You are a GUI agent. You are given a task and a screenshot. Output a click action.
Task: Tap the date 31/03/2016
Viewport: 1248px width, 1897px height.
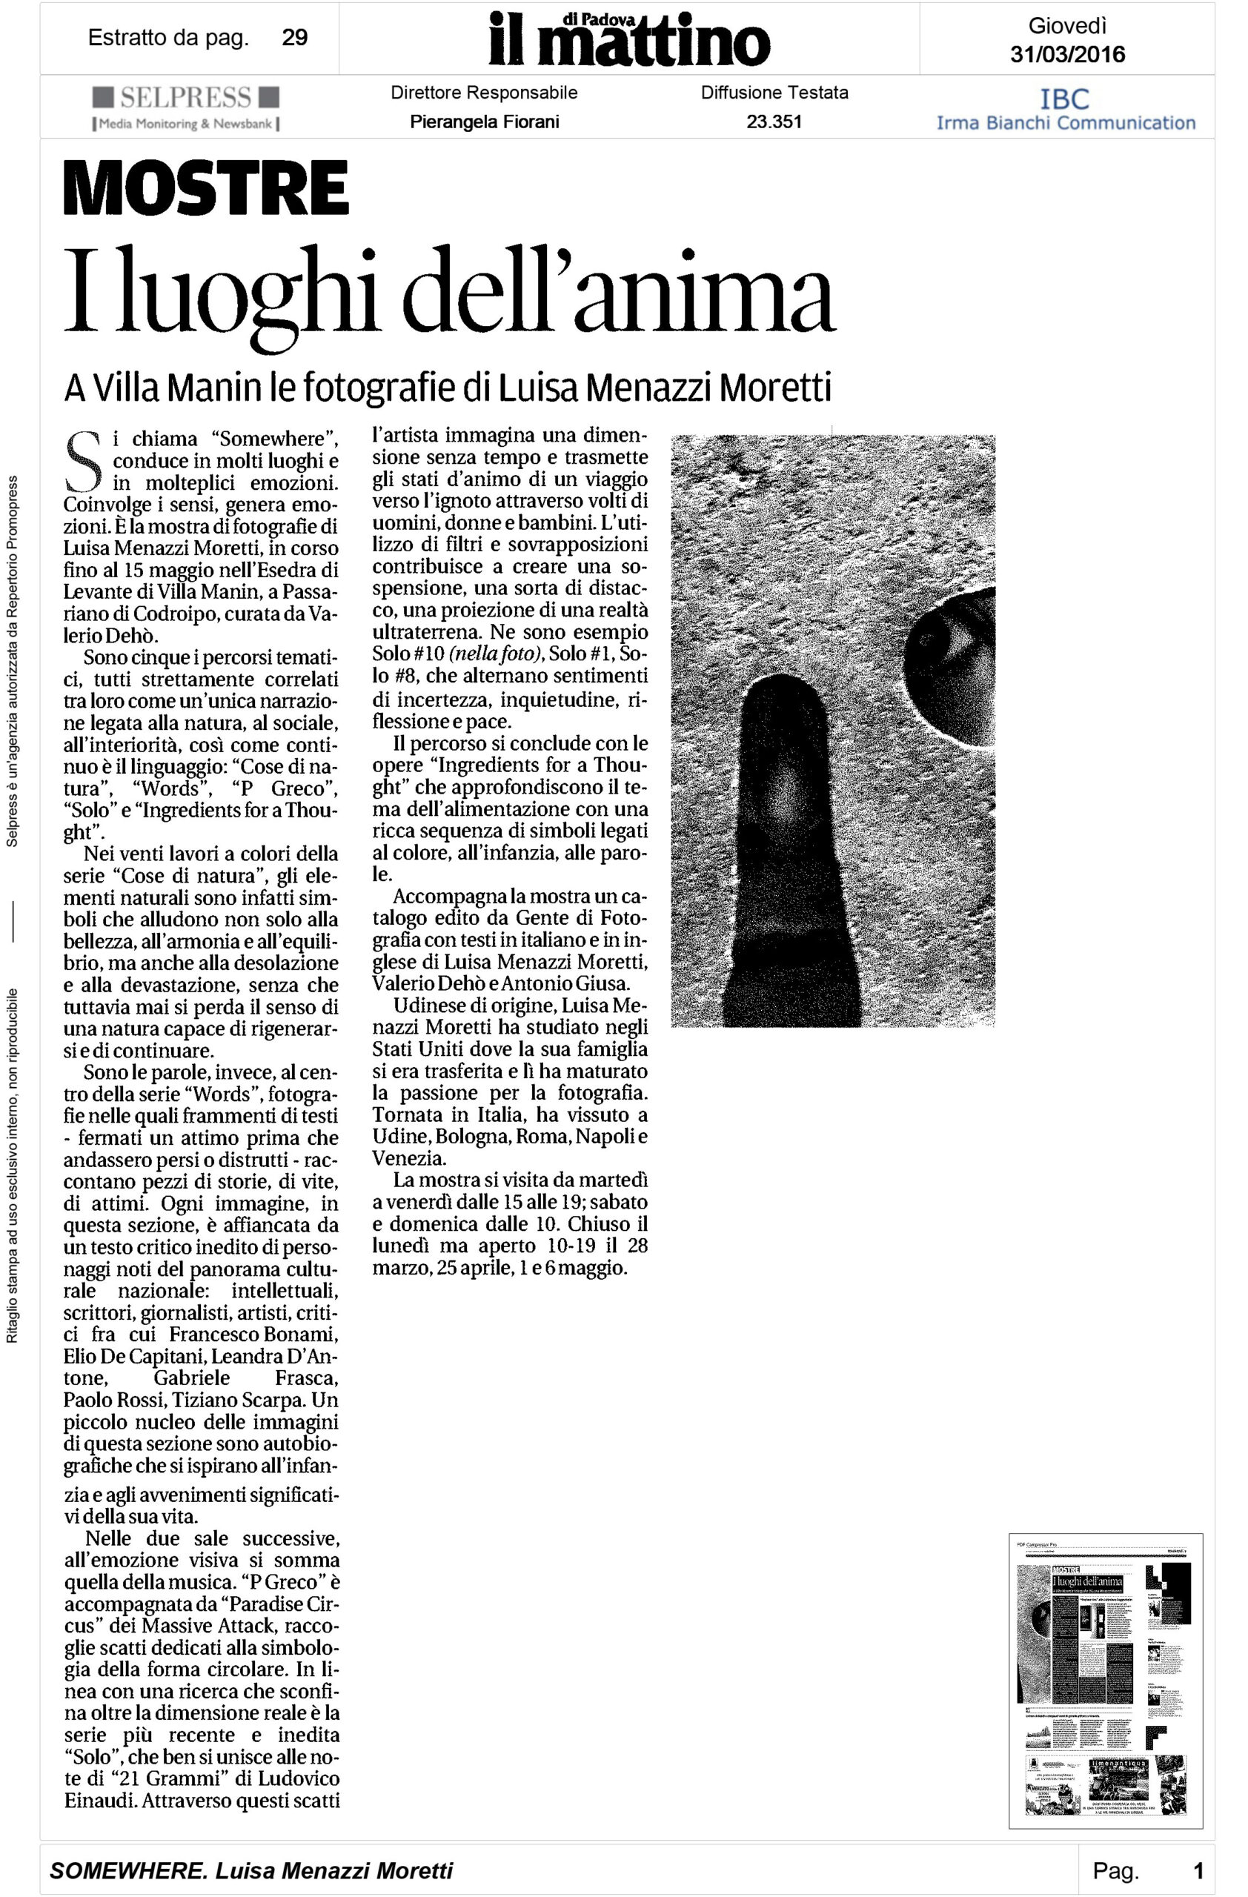pos(1067,54)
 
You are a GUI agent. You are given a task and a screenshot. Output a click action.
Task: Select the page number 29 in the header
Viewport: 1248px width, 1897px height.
pos(295,38)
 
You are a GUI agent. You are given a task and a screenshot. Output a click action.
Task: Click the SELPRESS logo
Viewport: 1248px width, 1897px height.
pos(186,98)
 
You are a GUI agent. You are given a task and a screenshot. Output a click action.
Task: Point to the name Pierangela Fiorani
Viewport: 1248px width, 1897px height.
pos(484,122)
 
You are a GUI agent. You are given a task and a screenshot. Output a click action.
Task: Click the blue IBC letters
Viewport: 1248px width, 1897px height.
pos(1065,99)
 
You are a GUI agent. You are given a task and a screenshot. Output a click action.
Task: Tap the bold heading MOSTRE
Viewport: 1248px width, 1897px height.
pos(207,187)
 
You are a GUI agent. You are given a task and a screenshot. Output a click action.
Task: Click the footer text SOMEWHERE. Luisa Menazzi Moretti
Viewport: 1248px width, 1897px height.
pos(251,1870)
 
